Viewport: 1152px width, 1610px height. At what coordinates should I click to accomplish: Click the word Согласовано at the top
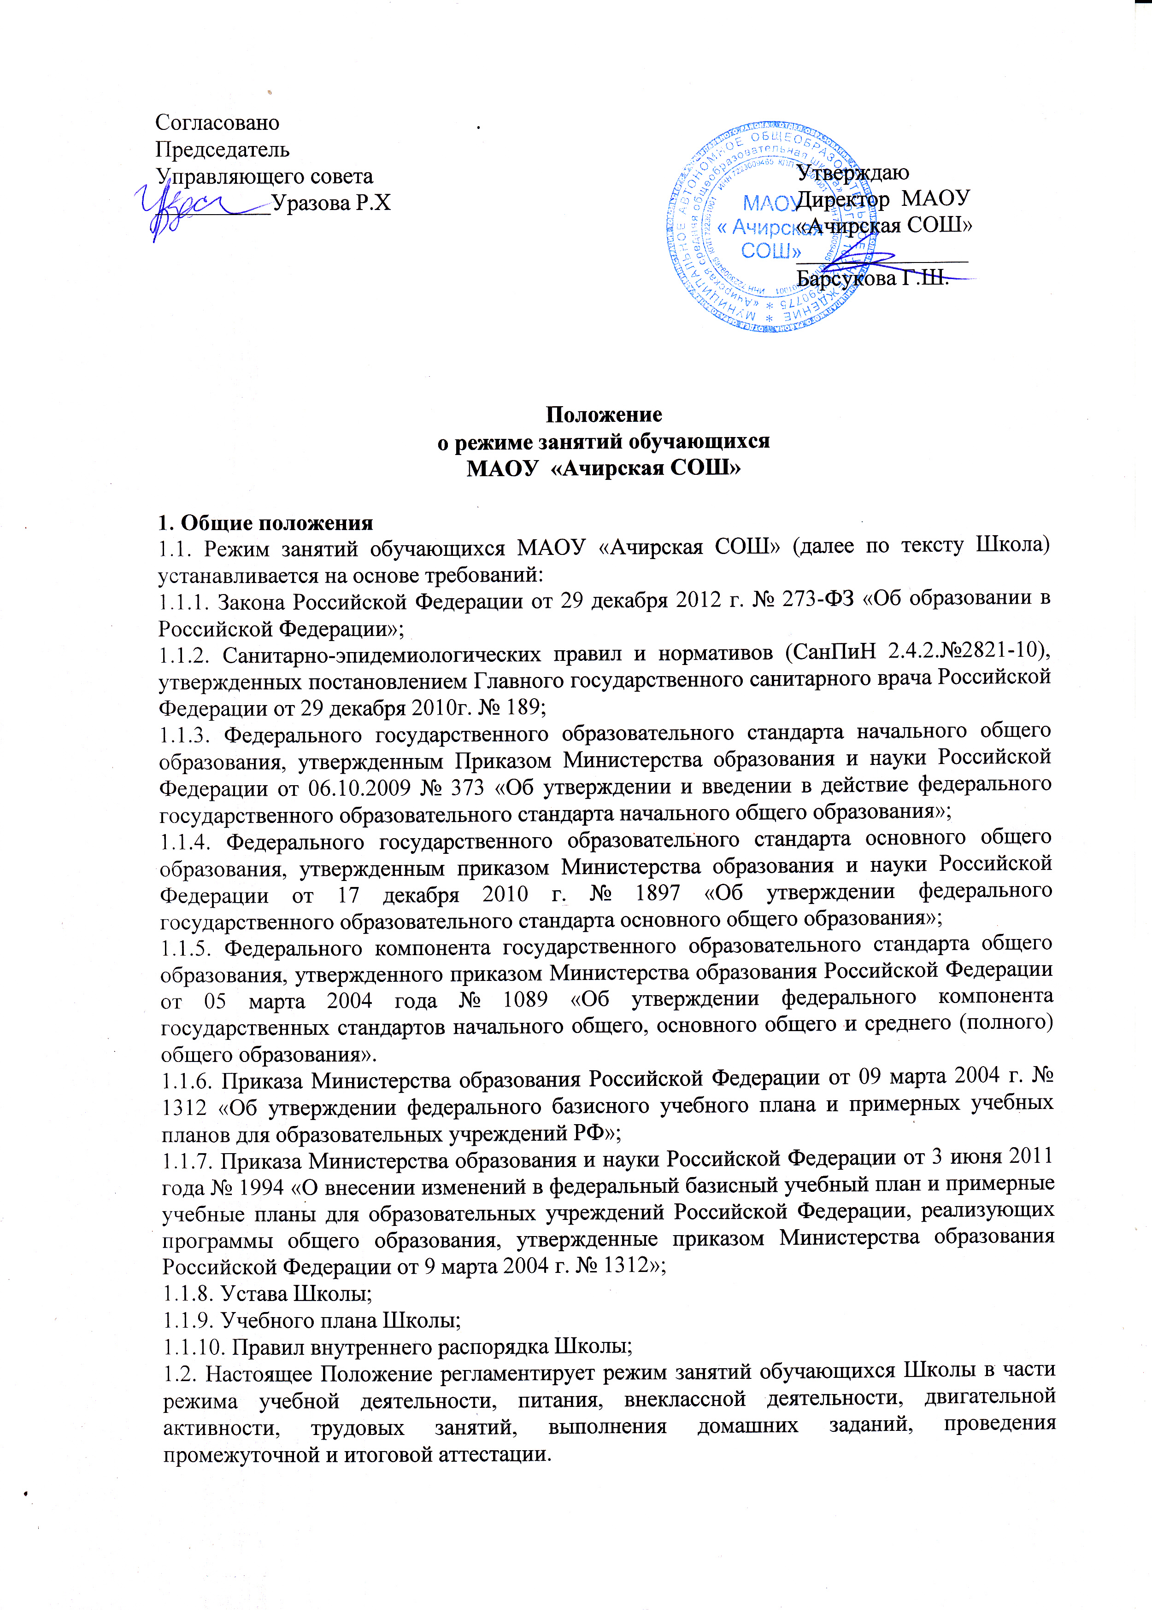coord(217,122)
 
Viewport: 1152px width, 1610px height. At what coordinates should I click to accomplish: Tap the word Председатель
coord(222,150)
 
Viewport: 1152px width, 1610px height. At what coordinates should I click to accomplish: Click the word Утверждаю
coord(852,172)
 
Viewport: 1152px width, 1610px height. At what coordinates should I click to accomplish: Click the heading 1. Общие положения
coord(265,523)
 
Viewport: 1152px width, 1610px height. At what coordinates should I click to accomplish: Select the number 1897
coord(658,893)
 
